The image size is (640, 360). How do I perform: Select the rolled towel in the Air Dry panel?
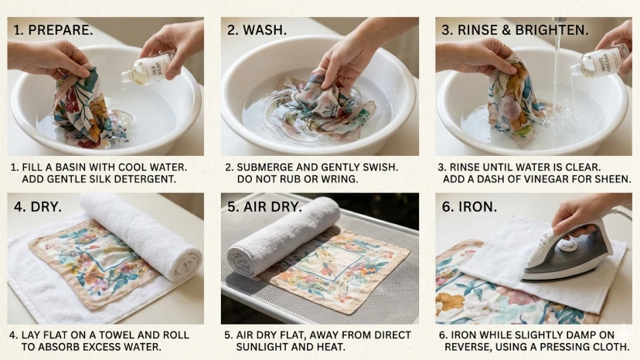tap(283, 236)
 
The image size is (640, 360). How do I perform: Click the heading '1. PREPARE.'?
tap(53, 30)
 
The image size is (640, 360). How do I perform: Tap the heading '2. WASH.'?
tap(257, 30)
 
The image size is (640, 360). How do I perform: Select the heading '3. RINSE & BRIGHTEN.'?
tap(515, 30)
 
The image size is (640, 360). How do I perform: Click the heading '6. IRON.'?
tap(469, 206)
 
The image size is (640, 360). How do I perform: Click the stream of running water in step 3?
tap(557, 73)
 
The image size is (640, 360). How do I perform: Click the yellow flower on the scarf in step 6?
tap(450, 303)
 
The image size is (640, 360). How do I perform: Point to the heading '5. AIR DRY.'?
tap(264, 206)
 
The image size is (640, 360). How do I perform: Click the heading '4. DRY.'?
tap(38, 206)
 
